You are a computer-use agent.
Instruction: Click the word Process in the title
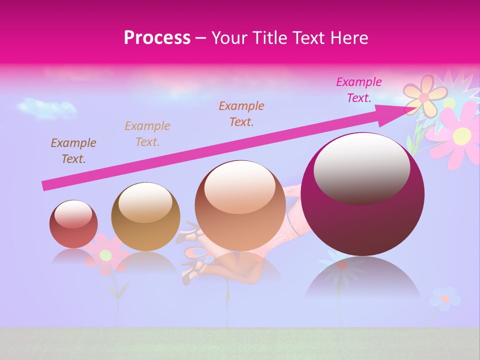[x=157, y=38]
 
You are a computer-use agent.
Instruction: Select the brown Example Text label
[x=73, y=151]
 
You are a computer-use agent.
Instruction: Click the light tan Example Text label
[x=147, y=134]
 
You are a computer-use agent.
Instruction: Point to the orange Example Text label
[x=241, y=113]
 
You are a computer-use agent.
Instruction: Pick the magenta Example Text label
[x=358, y=90]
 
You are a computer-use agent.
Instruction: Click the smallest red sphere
[x=73, y=224]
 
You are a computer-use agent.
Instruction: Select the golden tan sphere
[x=145, y=216]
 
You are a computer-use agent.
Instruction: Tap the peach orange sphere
[x=240, y=205]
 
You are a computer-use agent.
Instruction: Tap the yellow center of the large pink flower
[x=462, y=134]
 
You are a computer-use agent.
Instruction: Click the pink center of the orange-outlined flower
[x=423, y=98]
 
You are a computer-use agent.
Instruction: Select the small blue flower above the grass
[x=444, y=298]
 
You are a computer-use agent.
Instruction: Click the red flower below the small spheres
[x=105, y=255]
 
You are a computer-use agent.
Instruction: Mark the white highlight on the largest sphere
[x=361, y=168]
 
